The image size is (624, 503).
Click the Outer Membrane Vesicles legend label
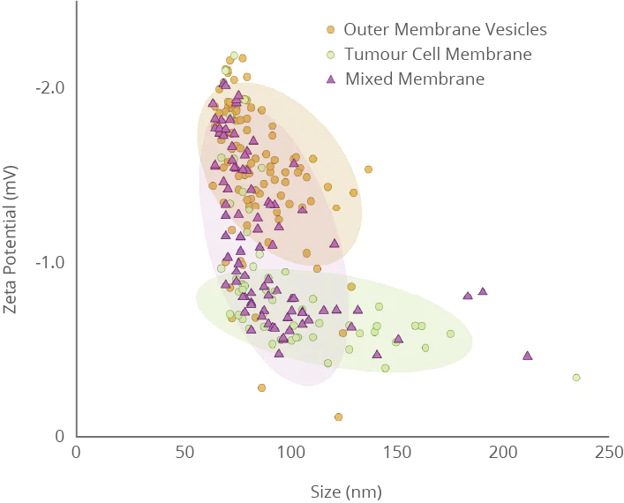point(446,29)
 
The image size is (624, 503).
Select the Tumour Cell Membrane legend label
point(438,54)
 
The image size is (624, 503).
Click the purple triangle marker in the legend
point(331,79)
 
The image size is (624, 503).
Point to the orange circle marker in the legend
point(331,29)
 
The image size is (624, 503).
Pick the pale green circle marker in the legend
point(331,54)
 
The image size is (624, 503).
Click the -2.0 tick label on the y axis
point(50,88)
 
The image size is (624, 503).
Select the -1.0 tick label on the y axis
point(50,262)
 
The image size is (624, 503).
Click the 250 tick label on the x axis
point(608,452)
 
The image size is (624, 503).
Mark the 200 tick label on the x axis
point(502,452)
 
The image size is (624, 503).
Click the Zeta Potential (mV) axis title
point(11,237)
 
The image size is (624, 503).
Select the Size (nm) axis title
point(346,491)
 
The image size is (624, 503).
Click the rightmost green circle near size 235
point(576,378)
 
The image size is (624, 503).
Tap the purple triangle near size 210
point(528,356)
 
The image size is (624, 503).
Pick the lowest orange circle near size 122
point(338,417)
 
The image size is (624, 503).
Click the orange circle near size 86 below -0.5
point(261,387)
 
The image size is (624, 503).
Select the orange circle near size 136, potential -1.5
point(368,169)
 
